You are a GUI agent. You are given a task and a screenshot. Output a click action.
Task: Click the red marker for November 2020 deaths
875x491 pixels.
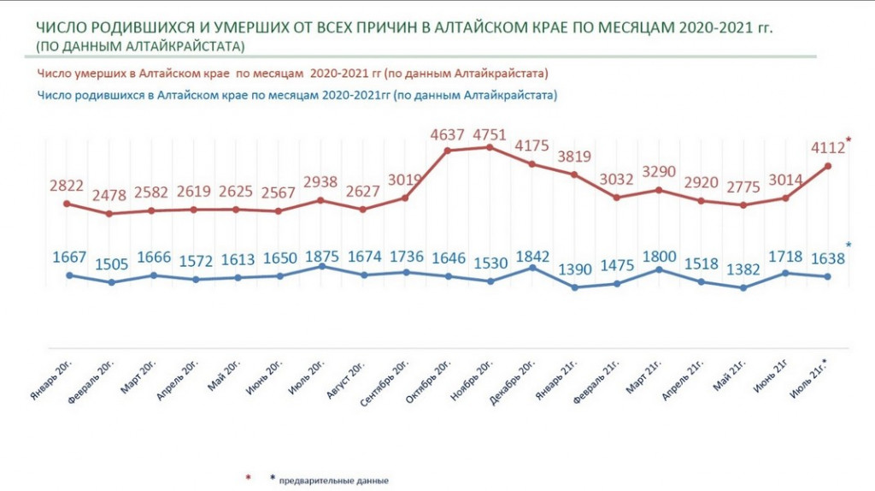click(490, 147)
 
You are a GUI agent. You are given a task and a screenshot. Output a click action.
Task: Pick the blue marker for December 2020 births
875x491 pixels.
click(532, 268)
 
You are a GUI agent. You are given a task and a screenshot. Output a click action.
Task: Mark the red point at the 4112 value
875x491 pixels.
click(827, 166)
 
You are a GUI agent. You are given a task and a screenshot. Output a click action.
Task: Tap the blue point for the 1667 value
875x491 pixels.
click(68, 275)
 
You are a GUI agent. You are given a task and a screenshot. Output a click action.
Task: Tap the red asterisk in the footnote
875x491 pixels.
click(247, 477)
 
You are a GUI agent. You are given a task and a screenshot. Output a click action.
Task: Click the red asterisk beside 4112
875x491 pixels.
click(849, 140)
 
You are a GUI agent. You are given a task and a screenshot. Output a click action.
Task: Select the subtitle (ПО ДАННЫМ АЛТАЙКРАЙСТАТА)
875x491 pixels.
click(140, 44)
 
